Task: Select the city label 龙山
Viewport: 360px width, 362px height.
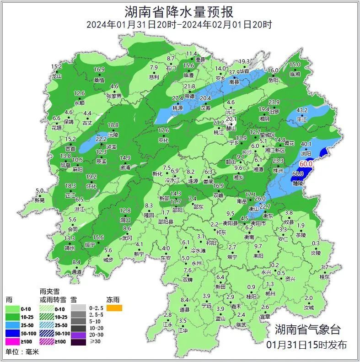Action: point(57,76)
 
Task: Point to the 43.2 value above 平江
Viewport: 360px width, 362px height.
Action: point(302,110)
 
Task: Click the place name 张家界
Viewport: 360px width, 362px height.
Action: point(113,96)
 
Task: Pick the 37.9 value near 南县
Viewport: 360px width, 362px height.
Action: point(234,72)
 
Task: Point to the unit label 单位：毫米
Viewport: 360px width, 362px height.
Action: point(22,352)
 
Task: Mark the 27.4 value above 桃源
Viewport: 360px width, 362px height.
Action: point(177,98)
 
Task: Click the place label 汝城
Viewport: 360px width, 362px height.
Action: point(309,308)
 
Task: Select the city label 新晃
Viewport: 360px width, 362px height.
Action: point(40,200)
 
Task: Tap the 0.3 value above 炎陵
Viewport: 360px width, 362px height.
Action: point(316,243)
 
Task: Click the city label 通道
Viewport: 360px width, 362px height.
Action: point(76,272)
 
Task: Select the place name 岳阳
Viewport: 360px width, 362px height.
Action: point(273,80)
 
